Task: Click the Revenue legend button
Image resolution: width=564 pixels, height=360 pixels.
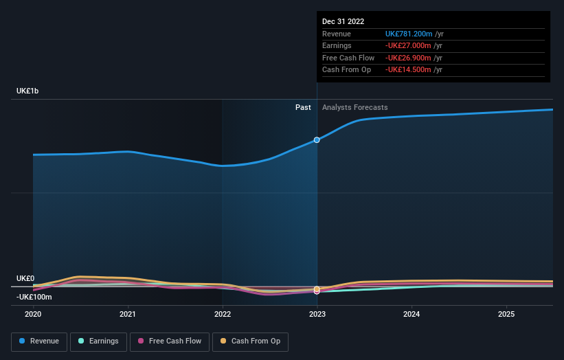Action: [40, 341]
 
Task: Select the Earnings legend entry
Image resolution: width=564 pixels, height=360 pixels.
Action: [98, 341]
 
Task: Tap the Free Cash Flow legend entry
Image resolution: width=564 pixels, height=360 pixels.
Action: [170, 341]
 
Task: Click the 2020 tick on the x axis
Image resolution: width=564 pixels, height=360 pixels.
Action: [33, 314]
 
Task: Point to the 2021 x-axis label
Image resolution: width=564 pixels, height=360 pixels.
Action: [128, 314]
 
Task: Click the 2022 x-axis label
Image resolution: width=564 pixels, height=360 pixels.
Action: [223, 314]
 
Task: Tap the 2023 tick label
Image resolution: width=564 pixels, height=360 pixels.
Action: [317, 314]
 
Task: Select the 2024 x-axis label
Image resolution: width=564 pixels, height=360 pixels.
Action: [411, 314]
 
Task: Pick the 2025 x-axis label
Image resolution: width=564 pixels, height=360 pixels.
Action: [506, 314]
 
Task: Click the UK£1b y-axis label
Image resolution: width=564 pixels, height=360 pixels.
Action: [28, 91]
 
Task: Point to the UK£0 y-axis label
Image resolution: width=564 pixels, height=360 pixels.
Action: [25, 278]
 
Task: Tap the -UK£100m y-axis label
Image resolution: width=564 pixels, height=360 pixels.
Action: [34, 297]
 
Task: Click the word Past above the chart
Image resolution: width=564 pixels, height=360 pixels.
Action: [303, 107]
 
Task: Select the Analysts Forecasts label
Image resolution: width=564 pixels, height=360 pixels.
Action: [354, 107]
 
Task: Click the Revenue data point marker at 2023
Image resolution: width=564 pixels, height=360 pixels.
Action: [317, 139]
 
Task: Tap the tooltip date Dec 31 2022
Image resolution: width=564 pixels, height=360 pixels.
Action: [343, 21]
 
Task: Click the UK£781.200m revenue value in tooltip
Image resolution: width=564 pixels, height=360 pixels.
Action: [409, 34]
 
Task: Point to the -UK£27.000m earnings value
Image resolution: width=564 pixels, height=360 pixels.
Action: [408, 46]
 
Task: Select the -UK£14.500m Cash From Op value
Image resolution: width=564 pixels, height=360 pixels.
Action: [408, 69]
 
